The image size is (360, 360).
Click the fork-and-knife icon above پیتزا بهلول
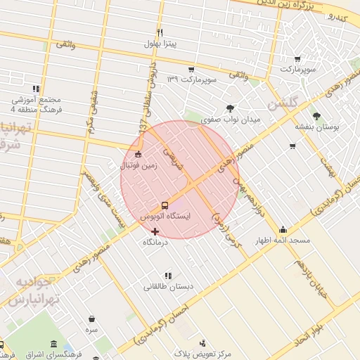coord(160,33)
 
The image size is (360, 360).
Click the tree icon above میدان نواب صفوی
coord(231,108)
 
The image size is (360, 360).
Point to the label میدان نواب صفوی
coord(231,120)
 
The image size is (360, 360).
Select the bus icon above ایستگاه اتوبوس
coord(165,205)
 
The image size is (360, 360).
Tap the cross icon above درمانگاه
coord(155,231)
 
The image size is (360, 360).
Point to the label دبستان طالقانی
coord(168,287)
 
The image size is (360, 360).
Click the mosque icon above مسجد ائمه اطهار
coord(283,229)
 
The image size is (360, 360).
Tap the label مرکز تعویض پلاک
coord(202,354)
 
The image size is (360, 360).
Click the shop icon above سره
coord(91,318)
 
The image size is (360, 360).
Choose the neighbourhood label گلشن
coord(283,103)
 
